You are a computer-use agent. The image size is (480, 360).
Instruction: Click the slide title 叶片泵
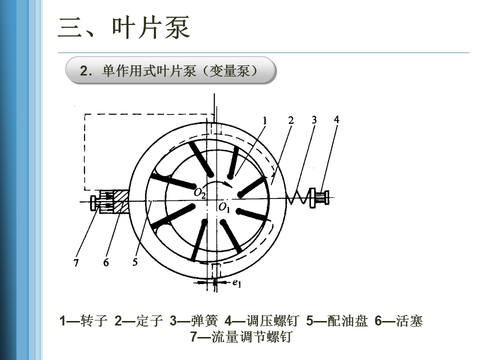click(124, 27)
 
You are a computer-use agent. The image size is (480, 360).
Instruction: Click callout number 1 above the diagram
click(265, 120)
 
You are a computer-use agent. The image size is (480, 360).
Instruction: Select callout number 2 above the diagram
click(291, 120)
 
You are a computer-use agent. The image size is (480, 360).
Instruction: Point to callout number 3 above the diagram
click(314, 120)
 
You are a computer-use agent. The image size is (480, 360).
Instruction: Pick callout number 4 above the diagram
click(336, 119)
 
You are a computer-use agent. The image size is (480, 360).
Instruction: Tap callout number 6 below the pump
click(106, 262)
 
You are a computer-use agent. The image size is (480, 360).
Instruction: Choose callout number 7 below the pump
click(76, 263)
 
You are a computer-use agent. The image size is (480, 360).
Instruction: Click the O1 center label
click(223, 207)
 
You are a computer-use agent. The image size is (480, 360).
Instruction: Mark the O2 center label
click(199, 193)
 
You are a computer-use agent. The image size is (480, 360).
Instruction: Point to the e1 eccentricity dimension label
click(237, 283)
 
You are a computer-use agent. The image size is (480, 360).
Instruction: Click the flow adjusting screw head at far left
click(93, 202)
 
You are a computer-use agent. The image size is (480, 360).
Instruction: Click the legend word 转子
click(94, 321)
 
